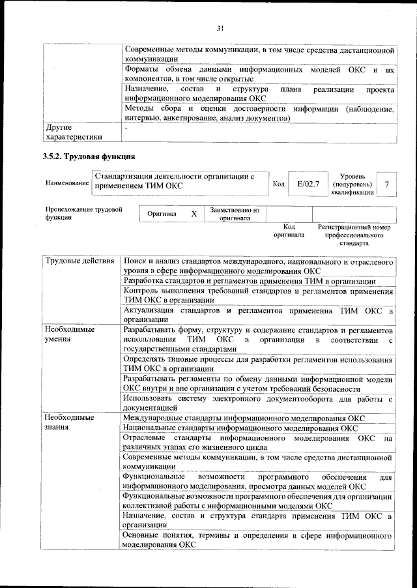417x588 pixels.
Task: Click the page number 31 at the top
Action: [x=220, y=27]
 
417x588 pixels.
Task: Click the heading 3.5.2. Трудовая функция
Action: [x=89, y=157]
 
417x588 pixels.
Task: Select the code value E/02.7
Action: [x=307, y=185]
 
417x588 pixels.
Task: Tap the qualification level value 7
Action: [x=387, y=185]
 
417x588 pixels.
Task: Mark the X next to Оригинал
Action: [x=194, y=214]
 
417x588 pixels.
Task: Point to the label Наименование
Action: [x=67, y=185]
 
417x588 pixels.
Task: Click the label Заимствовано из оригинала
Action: [x=235, y=214]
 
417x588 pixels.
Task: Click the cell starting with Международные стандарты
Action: [x=244, y=418]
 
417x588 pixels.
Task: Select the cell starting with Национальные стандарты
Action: [x=240, y=428]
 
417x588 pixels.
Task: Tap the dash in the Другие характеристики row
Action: [x=126, y=129]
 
